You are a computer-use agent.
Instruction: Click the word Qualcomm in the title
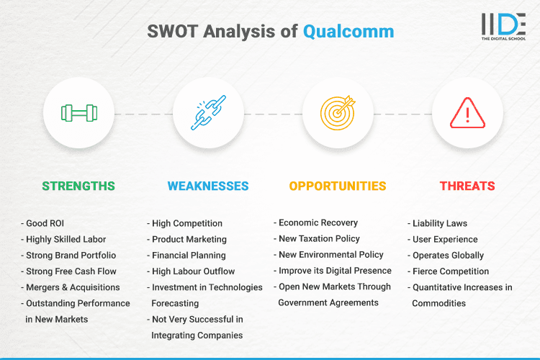pos(348,32)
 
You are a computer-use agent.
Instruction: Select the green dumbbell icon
pos(78,113)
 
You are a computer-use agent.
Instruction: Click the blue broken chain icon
pos(208,113)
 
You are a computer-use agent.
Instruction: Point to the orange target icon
pos(338,113)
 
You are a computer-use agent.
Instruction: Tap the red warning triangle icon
pos(467,113)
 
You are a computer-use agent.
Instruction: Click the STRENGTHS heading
pos(78,186)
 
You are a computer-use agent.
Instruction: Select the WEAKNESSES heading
pos(208,186)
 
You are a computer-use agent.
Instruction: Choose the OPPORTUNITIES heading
pos(338,186)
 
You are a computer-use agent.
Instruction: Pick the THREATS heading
pos(467,186)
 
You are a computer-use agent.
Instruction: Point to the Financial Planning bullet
pos(189,255)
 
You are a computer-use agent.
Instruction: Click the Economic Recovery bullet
pos(318,222)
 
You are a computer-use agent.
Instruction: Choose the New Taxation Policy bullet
pos(319,238)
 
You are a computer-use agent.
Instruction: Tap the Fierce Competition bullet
pos(450,271)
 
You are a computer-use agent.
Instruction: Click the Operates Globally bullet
pos(448,255)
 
